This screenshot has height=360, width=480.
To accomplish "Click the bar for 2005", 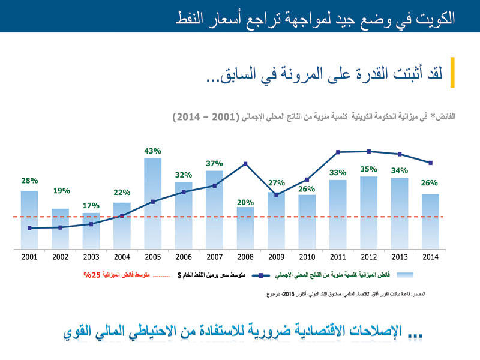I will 153,204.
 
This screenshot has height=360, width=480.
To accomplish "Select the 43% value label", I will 153,150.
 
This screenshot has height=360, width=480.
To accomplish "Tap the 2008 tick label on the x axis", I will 245,257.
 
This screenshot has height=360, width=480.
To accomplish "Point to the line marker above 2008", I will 245,164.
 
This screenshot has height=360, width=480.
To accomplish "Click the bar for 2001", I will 29,220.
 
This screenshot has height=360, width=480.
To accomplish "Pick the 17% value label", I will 91,205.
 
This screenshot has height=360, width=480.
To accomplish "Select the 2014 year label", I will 430,257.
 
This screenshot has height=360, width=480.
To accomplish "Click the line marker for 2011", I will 338,152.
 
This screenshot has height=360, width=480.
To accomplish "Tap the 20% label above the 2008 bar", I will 245,202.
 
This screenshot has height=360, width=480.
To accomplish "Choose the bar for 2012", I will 369,212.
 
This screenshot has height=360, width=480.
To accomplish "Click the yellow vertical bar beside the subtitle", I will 452,73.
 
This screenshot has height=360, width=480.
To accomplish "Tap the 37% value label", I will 214,163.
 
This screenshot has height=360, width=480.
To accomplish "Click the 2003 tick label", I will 91,257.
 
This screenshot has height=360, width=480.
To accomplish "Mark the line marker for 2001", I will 29,228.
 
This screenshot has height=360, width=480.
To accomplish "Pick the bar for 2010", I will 307,221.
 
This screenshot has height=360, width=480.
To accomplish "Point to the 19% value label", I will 61,191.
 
